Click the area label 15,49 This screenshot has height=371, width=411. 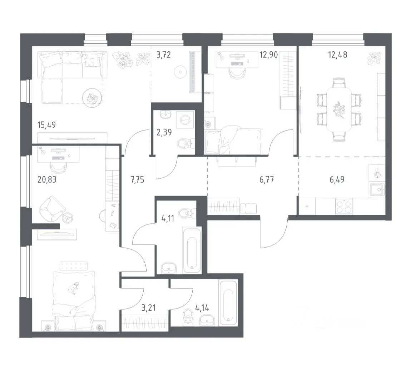click(47, 125)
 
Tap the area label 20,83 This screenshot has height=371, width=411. click(47, 180)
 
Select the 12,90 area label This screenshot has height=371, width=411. click(268, 55)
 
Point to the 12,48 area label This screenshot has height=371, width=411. click(338, 55)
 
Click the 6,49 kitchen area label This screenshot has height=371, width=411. click(337, 180)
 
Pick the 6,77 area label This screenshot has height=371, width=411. click(267, 180)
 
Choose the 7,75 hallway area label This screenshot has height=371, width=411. click(137, 180)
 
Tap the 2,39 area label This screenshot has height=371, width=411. click(164, 132)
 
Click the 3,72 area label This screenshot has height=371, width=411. click(164, 55)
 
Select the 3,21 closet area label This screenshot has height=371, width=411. click(149, 308)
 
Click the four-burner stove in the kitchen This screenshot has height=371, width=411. click(344, 206)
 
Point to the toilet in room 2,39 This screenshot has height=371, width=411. click(185, 143)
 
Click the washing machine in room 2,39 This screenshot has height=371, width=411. click(185, 120)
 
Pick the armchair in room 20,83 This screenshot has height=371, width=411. click(52, 208)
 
